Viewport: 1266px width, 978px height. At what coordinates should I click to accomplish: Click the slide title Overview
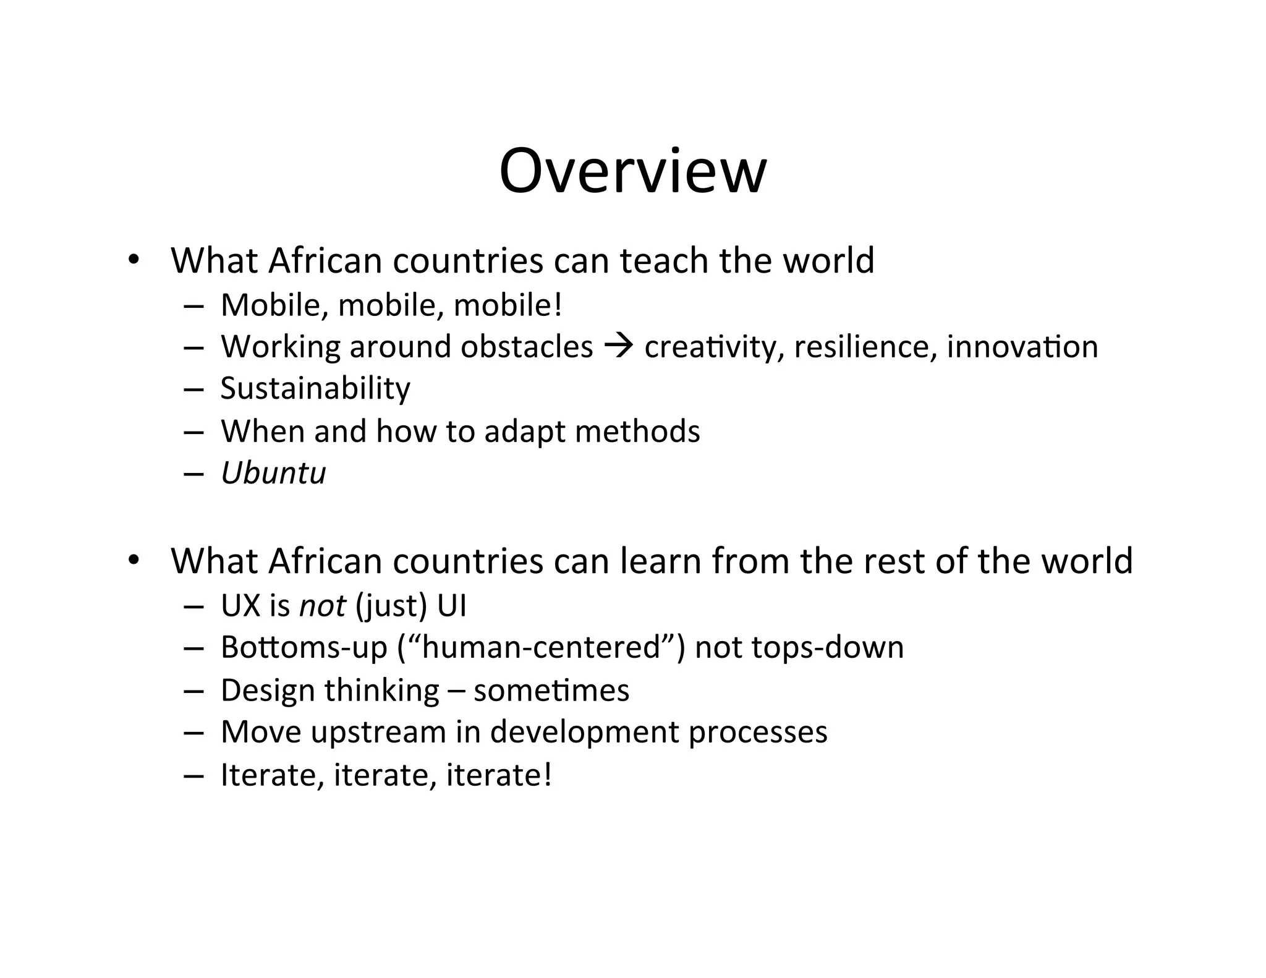point(632,171)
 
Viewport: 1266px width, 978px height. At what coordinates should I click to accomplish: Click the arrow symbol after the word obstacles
point(618,347)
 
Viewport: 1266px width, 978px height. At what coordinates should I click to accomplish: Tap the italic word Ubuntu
point(273,474)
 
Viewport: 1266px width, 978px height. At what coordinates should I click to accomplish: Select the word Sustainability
point(315,389)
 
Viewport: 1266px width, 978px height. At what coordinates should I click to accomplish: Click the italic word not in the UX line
point(322,606)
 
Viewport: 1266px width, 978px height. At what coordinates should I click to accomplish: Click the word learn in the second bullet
point(660,561)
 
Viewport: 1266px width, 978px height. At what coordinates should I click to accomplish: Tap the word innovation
point(1022,347)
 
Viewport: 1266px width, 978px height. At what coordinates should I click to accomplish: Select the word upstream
point(378,733)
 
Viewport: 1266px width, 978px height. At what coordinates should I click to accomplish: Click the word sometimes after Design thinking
point(551,691)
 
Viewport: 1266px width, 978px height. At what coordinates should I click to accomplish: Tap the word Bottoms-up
point(304,648)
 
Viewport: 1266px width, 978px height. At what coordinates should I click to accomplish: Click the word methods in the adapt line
point(637,431)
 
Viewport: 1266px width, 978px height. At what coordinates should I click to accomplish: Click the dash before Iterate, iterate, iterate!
point(193,776)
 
